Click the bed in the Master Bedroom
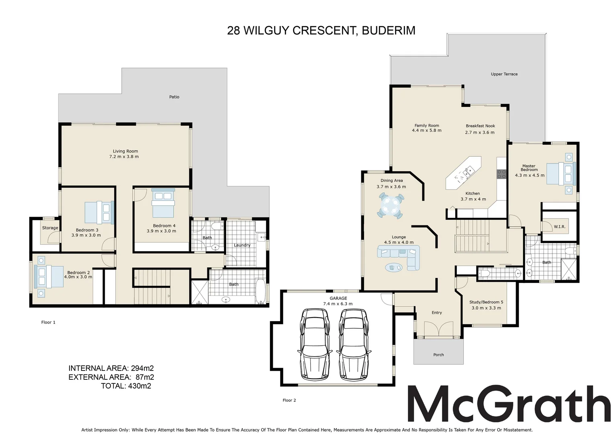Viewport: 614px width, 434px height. [x=561, y=173]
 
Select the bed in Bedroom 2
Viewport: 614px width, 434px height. [x=49, y=276]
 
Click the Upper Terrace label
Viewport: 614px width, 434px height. [x=504, y=74]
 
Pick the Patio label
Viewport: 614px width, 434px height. [x=174, y=97]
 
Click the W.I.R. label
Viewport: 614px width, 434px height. [x=559, y=227]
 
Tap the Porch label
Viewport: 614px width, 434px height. [x=438, y=355]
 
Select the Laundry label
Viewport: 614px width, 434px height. [x=242, y=245]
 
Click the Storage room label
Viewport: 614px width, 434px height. [x=50, y=228]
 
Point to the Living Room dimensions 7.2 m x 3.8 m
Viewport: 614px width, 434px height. [x=124, y=157]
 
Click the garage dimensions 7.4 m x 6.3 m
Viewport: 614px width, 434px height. [x=338, y=304]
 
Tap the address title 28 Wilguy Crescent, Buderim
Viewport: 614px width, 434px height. [x=321, y=31]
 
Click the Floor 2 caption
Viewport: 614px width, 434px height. [x=289, y=400]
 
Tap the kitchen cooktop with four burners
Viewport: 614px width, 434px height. [x=501, y=174]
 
